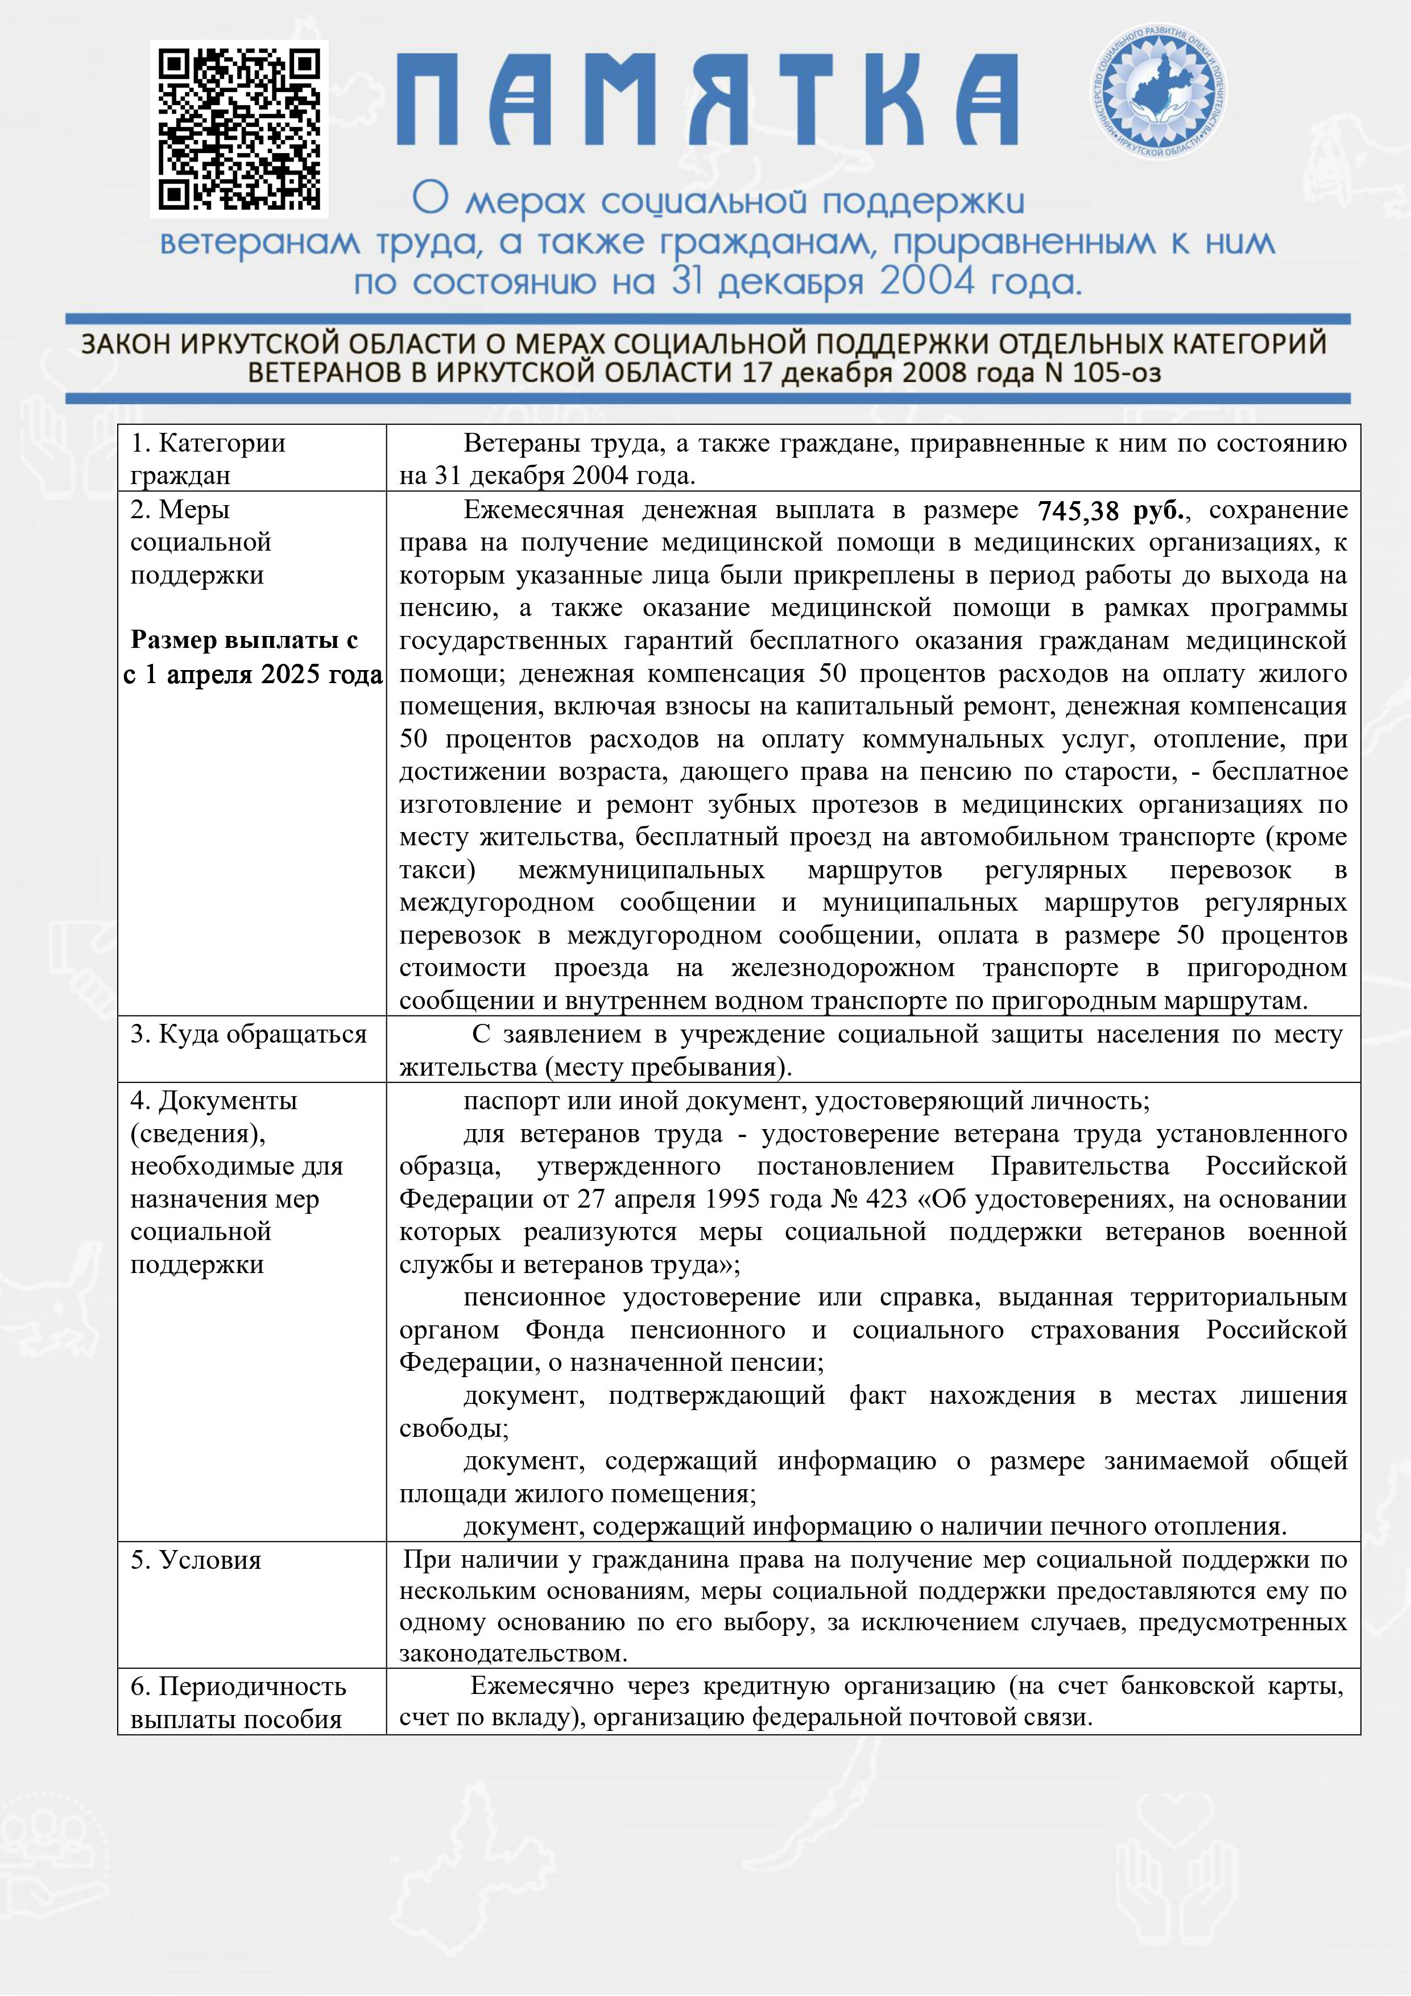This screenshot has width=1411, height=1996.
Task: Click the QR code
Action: pos(239,129)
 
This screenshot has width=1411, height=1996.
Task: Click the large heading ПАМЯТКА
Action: pos(707,100)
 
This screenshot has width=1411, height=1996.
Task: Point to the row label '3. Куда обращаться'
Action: pos(249,1035)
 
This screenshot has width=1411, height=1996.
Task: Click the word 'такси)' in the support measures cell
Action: pos(437,870)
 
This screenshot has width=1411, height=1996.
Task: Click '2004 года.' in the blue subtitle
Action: pos(980,282)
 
